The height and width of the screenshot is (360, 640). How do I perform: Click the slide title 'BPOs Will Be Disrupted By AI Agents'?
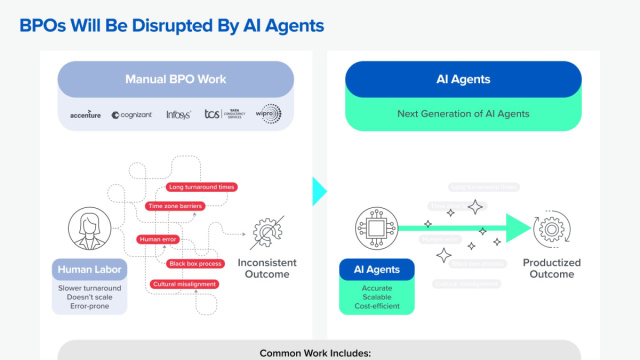point(172,26)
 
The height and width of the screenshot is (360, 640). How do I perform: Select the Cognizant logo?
point(132,115)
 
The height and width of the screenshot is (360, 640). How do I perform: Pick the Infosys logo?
point(179,114)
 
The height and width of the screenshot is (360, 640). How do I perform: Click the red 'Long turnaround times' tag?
point(202,187)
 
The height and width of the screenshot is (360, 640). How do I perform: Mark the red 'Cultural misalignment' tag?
point(185,285)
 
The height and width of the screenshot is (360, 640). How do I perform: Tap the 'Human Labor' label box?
point(90,269)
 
